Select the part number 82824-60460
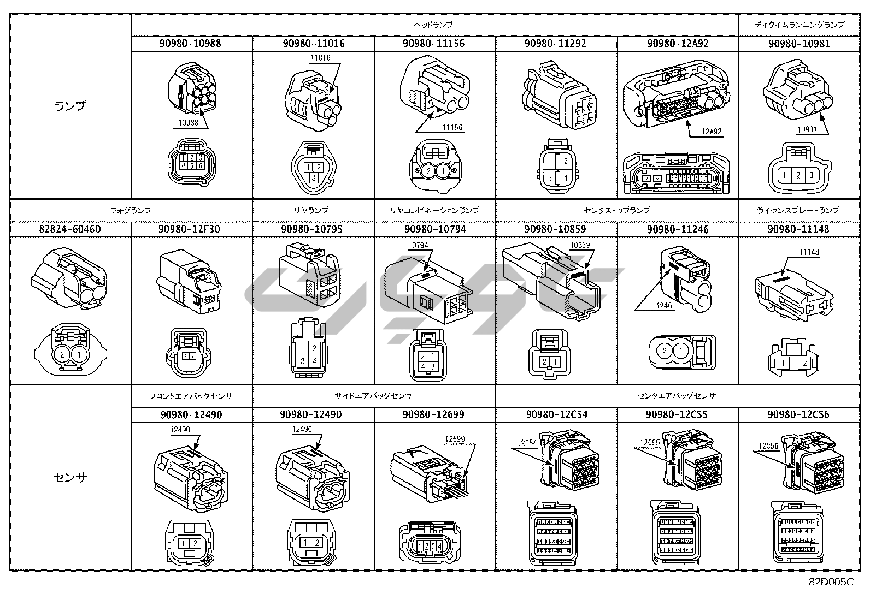[70, 229]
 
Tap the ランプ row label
[70, 106]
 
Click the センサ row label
[70, 477]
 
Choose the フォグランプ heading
[131, 210]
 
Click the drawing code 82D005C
[831, 582]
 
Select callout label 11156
[452, 128]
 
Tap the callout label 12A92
[712, 131]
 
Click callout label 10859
[580, 246]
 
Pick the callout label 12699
[455, 439]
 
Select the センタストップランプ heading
[616, 210]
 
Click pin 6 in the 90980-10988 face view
[201, 165]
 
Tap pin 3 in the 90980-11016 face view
[313, 177]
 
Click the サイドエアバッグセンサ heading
[374, 396]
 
